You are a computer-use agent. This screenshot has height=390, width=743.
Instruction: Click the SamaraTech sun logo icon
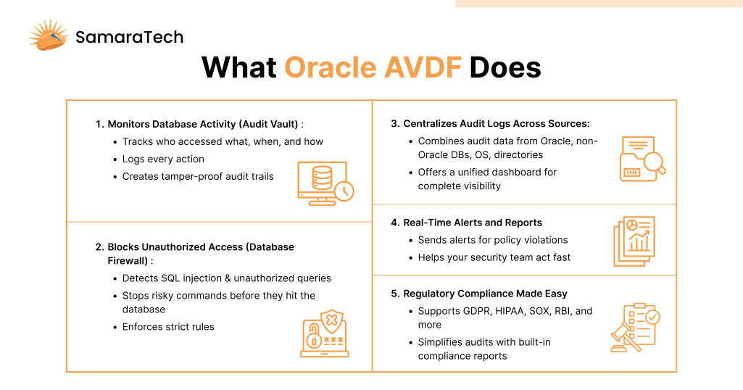(49, 36)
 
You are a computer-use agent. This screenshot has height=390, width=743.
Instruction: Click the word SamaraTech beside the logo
(129, 37)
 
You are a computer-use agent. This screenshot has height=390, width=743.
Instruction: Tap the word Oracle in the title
(330, 67)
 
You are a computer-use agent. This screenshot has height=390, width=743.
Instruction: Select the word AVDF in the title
(423, 67)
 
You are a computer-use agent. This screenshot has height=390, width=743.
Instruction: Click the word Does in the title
(505, 67)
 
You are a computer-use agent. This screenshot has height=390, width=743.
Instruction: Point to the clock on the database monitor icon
(344, 191)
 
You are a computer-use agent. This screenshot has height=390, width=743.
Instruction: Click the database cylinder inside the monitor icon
(323, 178)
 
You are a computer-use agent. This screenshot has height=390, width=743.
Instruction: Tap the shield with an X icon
(332, 322)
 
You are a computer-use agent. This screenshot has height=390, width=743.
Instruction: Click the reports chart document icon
(634, 241)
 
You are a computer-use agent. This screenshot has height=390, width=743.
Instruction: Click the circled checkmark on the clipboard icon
(652, 317)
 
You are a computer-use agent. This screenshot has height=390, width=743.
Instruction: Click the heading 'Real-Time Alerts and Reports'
(473, 223)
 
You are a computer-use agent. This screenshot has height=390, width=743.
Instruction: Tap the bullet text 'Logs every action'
(163, 159)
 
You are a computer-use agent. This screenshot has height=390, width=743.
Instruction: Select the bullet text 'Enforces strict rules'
(168, 327)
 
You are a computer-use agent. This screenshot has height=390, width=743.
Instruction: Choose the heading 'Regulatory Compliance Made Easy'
(485, 294)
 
